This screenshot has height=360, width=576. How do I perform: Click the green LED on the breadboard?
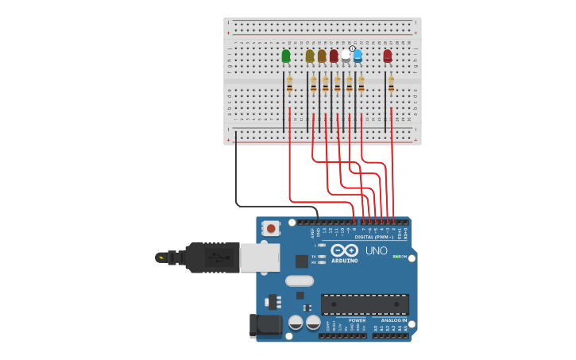[286, 56]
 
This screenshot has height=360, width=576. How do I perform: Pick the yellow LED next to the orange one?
[310, 56]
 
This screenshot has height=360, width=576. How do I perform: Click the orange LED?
[322, 56]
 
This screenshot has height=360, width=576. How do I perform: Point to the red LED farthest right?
[388, 56]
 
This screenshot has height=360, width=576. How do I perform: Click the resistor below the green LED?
[289, 83]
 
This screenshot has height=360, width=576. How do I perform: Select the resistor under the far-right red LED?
[391, 83]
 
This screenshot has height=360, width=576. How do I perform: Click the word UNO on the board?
[376, 251]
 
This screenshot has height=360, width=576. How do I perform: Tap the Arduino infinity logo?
[345, 250]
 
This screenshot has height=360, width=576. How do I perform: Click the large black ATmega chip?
[365, 304]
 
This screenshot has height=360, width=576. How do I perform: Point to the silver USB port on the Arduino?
[260, 257]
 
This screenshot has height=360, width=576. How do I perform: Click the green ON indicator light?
[396, 257]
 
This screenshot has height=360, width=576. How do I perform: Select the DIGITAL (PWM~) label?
[374, 237]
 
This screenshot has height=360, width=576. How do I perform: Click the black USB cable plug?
[212, 257]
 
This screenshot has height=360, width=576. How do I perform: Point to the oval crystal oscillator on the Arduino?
[300, 281]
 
